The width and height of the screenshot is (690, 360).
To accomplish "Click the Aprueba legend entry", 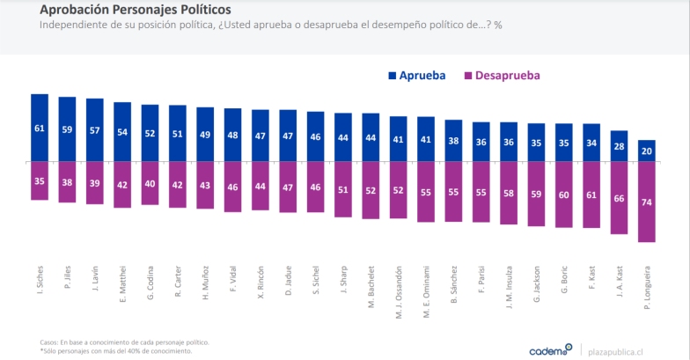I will pos(415,76).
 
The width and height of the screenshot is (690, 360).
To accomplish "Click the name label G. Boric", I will pos(564,282).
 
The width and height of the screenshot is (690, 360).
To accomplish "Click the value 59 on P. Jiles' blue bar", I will pos(67,129).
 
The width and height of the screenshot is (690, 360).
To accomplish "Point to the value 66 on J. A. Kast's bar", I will pos(619,198).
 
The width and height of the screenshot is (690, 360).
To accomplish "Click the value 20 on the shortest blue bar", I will pos(646,151).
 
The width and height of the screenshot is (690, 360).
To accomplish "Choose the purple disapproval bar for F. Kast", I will pos(591,195).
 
